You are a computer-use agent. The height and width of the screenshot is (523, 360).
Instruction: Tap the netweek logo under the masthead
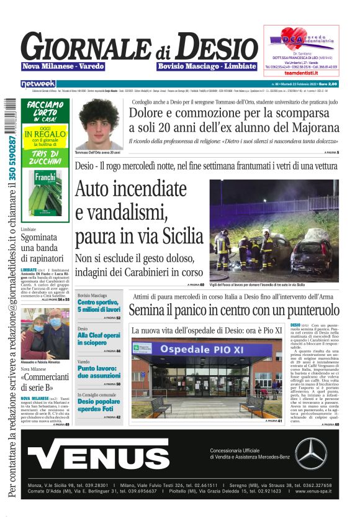(x=38, y=83)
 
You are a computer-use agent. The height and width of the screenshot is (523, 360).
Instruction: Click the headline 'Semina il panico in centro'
(x=234, y=309)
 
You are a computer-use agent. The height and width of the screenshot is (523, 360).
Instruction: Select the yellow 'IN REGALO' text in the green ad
(x=45, y=134)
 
